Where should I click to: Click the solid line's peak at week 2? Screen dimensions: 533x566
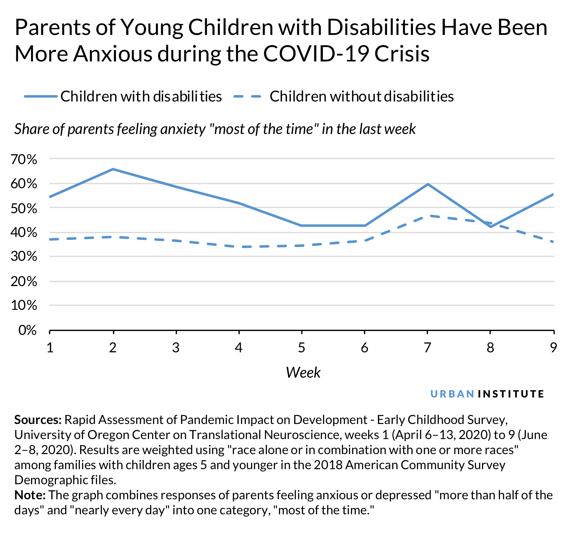(113, 169)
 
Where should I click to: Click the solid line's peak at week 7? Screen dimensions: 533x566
(428, 184)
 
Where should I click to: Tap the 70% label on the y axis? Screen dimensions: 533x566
(24, 159)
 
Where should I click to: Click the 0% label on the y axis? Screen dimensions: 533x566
(27, 330)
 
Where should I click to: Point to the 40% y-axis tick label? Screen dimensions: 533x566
(24, 232)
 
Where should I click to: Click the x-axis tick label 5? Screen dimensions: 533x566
(302, 348)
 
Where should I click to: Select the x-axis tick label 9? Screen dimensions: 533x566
(553, 348)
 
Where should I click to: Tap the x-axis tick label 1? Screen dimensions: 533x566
(50, 348)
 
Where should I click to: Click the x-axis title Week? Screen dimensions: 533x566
(303, 372)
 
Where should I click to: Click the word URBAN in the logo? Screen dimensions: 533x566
(452, 394)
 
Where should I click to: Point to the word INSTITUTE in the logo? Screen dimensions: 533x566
(511, 394)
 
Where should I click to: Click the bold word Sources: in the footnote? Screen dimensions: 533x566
(38, 420)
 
